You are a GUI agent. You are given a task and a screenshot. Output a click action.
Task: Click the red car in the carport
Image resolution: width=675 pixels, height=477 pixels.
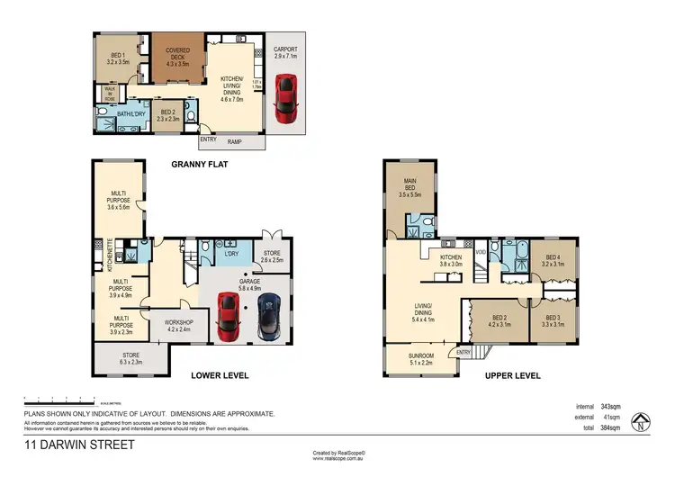286,96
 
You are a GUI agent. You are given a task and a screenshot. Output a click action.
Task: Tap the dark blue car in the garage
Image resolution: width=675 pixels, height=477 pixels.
267,315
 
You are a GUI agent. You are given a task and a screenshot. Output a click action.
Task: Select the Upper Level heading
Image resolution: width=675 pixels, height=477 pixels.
506,375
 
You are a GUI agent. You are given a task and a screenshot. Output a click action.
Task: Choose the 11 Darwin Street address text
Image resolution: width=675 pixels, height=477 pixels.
79,444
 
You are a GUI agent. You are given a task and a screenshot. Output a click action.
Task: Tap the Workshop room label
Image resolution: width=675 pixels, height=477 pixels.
179,325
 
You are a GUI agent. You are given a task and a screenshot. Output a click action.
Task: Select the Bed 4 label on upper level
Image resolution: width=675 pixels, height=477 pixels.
553,259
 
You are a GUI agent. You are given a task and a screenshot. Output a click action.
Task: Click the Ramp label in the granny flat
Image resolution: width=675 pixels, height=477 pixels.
234,139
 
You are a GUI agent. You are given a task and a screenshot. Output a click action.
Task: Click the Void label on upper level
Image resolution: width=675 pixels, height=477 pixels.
481,251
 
